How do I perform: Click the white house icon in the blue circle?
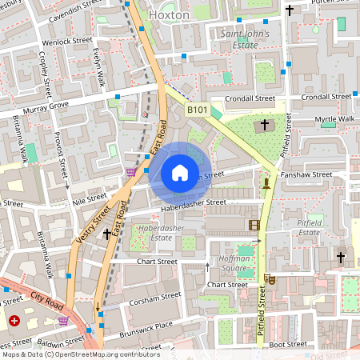click(180, 173)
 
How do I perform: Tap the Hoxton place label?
click(169, 14)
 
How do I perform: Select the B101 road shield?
click(198, 109)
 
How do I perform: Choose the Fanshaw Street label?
click(306, 174)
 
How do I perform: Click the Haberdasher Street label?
click(194, 203)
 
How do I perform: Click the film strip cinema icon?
click(254, 225)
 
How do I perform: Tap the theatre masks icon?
click(270, 279)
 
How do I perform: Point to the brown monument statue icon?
click(266, 183)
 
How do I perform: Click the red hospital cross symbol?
click(14, 322)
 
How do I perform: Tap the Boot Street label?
click(288, 344)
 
